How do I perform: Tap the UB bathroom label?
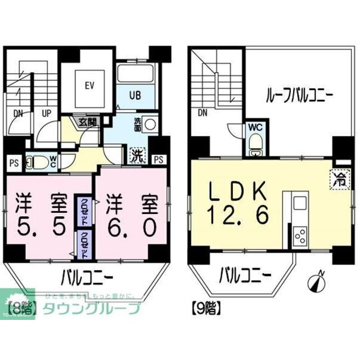click(136, 95)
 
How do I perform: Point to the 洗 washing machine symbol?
click(137, 154)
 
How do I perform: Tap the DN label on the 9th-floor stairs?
click(202, 113)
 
